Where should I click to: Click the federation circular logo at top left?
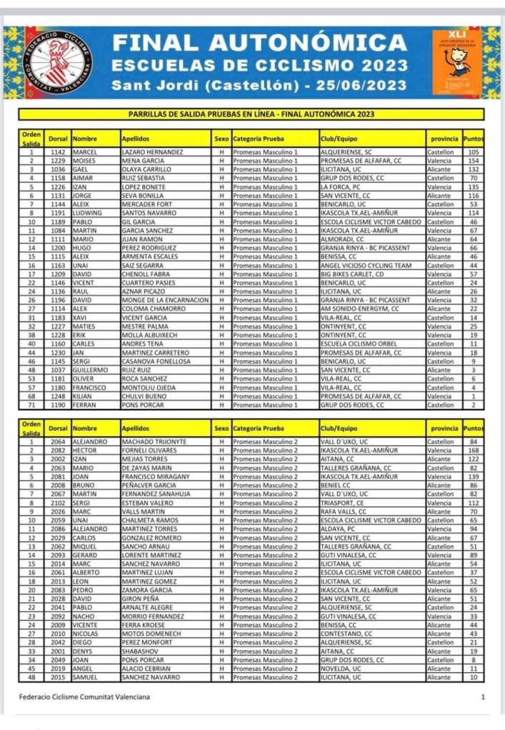pyautogui.click(x=59, y=64)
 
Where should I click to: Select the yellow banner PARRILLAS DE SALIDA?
pyautogui.click(x=251, y=113)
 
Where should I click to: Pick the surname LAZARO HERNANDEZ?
pyautogui.click(x=152, y=152)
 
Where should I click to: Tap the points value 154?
pyautogui.click(x=472, y=161)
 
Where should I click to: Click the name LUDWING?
pyautogui.click(x=85, y=213)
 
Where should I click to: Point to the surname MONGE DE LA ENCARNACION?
pyautogui.click(x=165, y=300)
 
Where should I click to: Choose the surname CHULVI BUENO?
pyautogui.click(x=145, y=396)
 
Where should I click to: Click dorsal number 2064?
pyautogui.click(x=58, y=442)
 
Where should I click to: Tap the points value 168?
pyautogui.click(x=472, y=450)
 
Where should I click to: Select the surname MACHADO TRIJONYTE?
pyautogui.click(x=154, y=442)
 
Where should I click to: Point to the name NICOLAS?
pyautogui.click(x=85, y=634)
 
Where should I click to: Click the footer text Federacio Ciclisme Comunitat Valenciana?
pyautogui.click(x=84, y=696)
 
